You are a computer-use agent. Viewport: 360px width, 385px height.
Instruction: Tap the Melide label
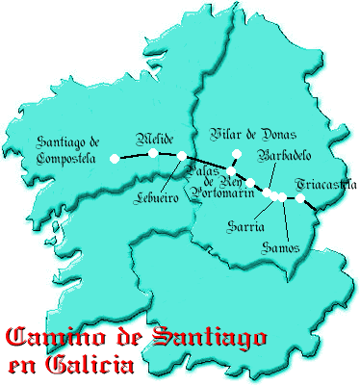pos(154,137)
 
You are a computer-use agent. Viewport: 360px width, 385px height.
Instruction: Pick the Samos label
pos(281,248)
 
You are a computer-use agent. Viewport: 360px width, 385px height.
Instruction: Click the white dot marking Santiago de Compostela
pos(116,158)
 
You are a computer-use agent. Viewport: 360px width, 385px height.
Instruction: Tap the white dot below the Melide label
pos(154,152)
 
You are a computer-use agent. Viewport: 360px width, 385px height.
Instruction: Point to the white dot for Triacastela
pos(300,199)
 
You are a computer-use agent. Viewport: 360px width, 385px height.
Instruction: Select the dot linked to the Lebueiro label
pos(182,155)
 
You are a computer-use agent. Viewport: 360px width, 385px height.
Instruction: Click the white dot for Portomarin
pos(250,183)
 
